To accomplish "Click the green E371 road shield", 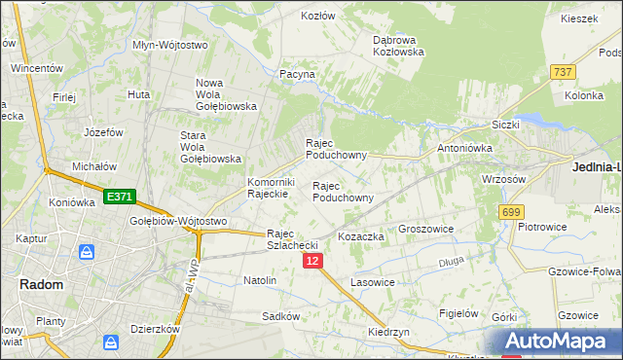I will [x=118, y=197].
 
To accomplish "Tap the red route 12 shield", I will [x=311, y=262].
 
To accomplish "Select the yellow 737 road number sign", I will [x=562, y=72].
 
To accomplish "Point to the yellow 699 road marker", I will [x=510, y=211].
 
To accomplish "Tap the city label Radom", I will [x=42, y=285].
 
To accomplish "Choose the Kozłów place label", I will [x=317, y=17].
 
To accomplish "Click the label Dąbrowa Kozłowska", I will [x=399, y=46].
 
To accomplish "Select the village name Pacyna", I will [x=297, y=74].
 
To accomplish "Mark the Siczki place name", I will [x=506, y=125].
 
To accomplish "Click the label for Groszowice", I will [x=427, y=230].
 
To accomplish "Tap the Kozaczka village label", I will [x=361, y=236].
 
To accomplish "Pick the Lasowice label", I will [x=372, y=282].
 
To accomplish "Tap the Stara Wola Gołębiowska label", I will [x=210, y=147].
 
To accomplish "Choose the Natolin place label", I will [x=260, y=280].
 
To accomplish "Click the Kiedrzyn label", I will [x=387, y=332].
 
